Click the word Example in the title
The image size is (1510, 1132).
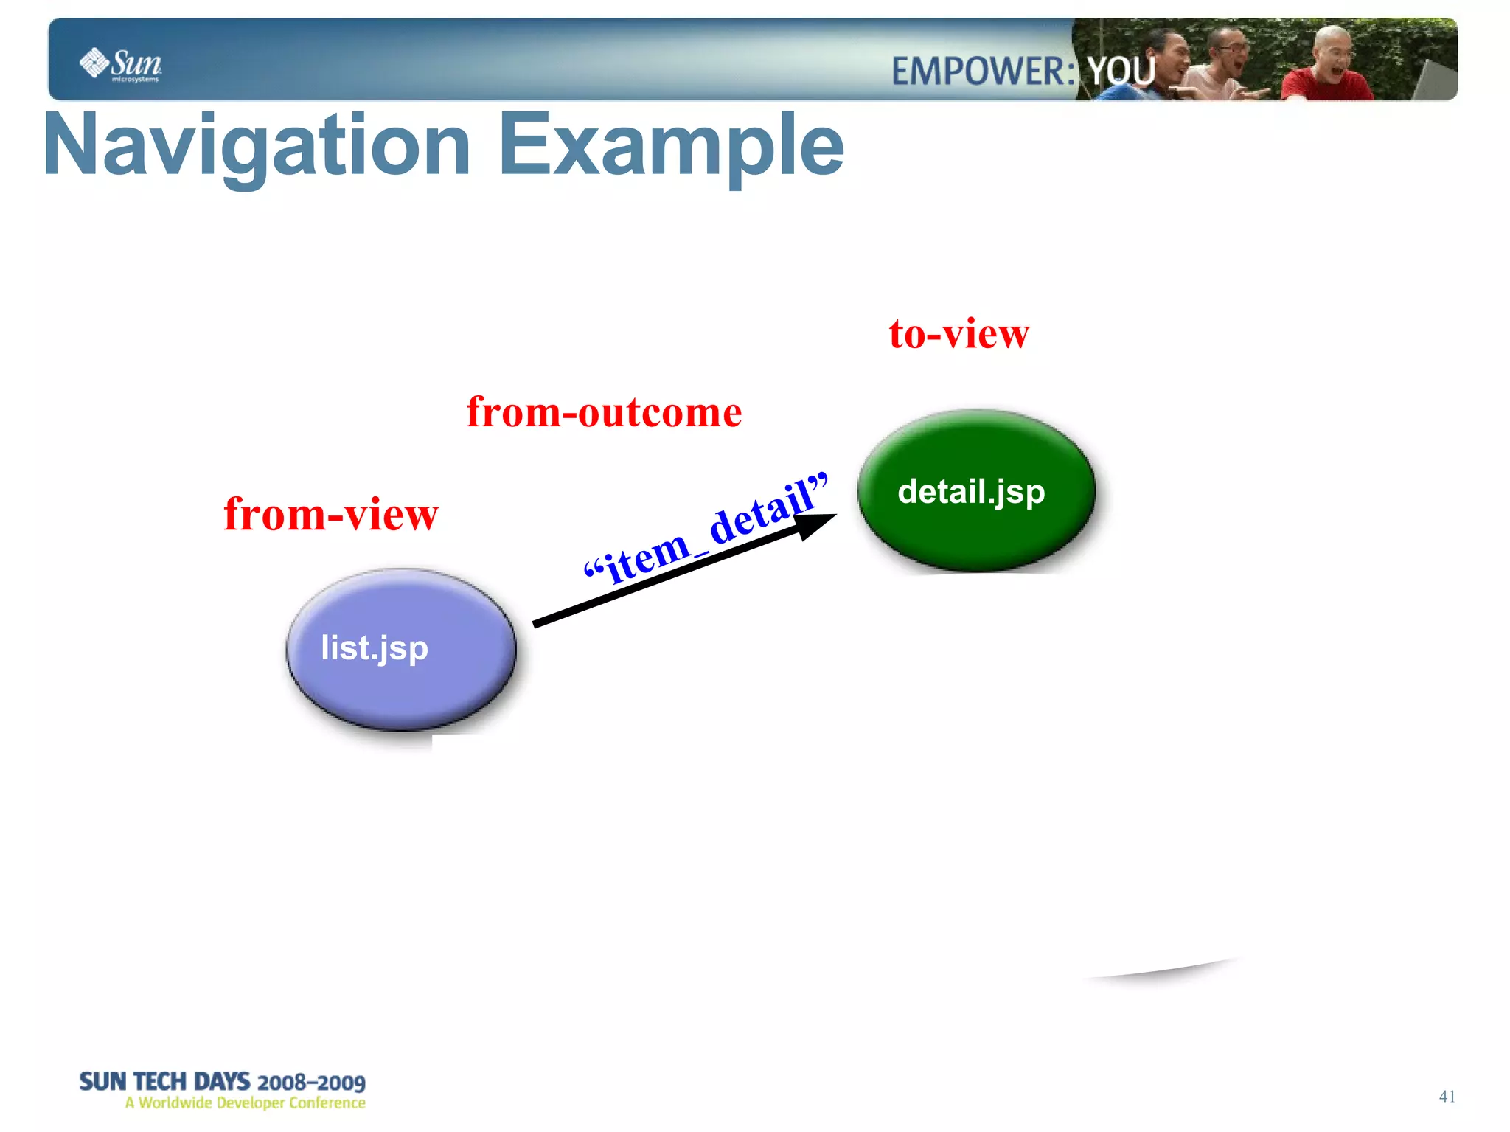tap(671, 145)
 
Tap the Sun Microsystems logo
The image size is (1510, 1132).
tap(121, 64)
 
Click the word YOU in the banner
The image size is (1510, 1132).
tap(1121, 72)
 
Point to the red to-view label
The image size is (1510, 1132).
tap(958, 334)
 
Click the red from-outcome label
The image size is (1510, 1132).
tap(604, 412)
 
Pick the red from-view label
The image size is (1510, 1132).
tap(331, 514)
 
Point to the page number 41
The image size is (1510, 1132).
tap(1447, 1097)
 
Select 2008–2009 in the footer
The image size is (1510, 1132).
tap(311, 1083)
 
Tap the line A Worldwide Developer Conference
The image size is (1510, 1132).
tap(245, 1103)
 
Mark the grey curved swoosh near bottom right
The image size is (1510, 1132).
tap(1165, 970)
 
